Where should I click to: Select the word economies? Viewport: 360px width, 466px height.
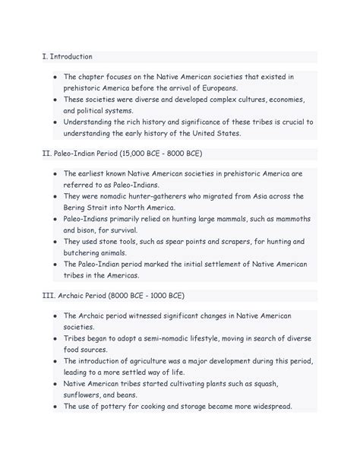click(281, 100)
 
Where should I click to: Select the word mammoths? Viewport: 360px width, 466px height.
click(285, 219)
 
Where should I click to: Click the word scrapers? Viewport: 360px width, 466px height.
click(219, 241)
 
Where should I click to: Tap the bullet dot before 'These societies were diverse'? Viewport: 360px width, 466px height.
click(55, 100)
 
